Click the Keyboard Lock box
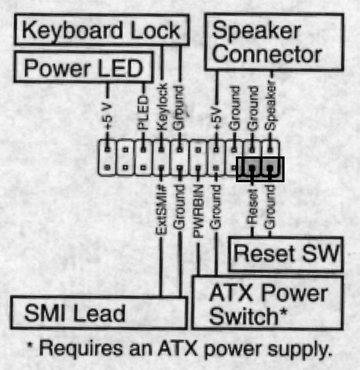101,30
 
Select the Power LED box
83,67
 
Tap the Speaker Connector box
274,42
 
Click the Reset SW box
286,254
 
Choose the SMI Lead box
99,313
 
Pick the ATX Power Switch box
267,302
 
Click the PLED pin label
143,113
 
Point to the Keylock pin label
162,107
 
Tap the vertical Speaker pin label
270,105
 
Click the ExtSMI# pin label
161,210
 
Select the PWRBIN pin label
198,211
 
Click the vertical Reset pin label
252,207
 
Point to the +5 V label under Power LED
107,116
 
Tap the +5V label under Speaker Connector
216,118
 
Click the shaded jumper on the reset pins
260,169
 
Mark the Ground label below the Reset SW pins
270,207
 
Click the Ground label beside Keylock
179,108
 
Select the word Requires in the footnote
81,349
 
